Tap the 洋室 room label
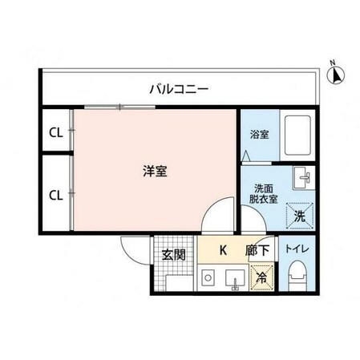point(155,171)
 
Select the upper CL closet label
point(55,133)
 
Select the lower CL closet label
point(55,195)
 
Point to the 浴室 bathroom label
point(259,135)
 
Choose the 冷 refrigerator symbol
point(261,279)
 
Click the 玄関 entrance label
point(173,256)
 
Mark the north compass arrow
point(337,77)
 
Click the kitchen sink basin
point(233,280)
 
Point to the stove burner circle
point(207,280)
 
